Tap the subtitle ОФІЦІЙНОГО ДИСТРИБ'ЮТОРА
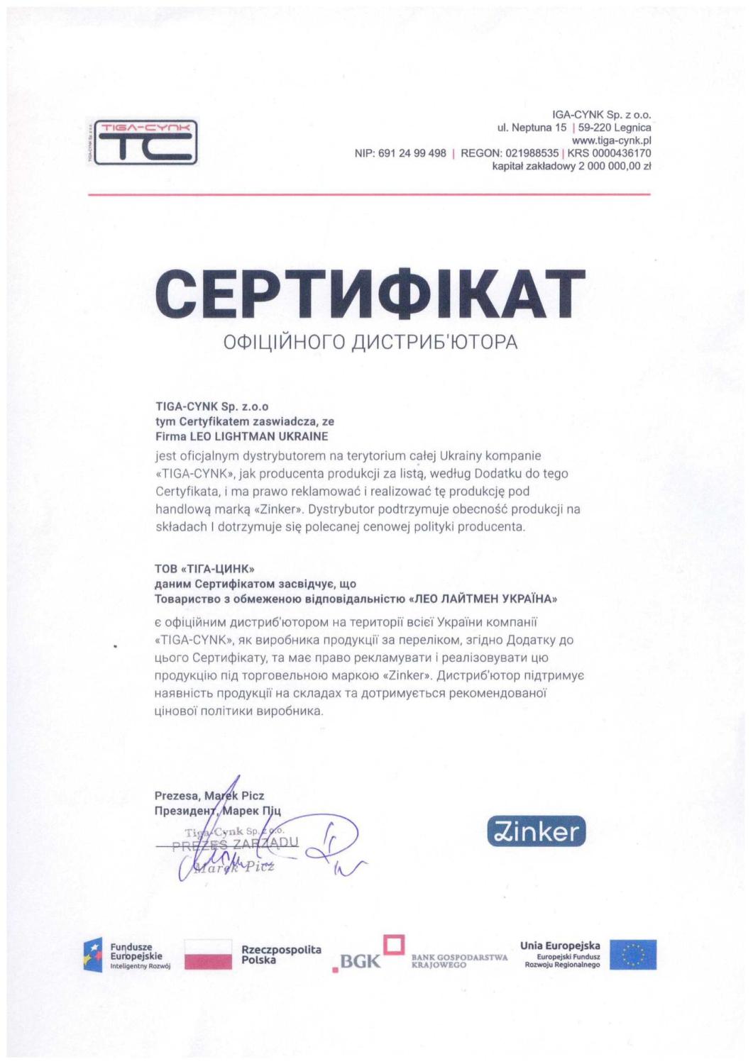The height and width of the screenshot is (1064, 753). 370,342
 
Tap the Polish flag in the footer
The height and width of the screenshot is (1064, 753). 208,954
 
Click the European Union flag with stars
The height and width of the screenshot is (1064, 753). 633,954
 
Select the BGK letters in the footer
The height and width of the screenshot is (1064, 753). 360,961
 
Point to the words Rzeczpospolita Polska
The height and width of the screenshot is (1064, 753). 281,954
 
